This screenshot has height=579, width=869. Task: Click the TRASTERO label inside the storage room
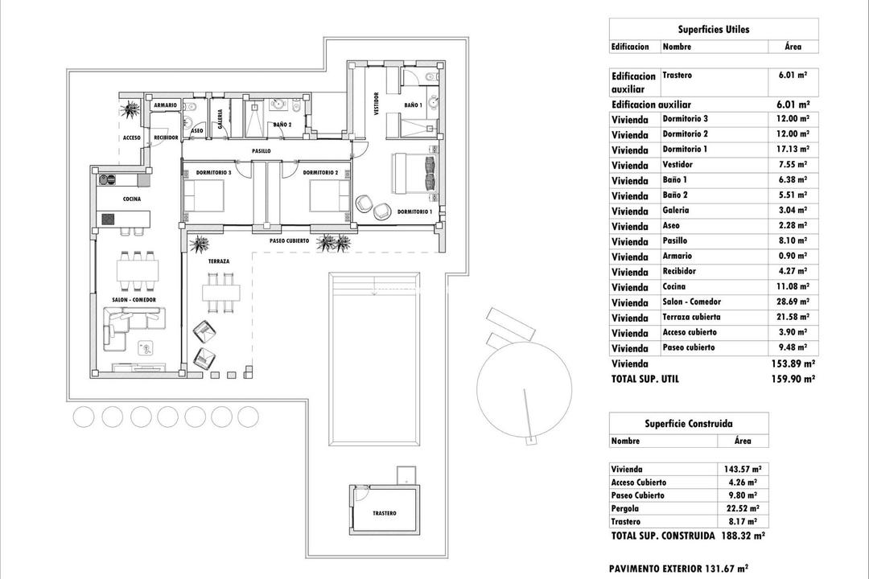385,514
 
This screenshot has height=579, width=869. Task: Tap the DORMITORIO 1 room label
414,212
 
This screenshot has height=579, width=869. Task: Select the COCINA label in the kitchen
133,199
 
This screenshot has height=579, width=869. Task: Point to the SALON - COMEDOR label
134,299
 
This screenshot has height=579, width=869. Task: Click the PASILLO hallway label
261,150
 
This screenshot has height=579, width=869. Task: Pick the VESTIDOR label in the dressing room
376,105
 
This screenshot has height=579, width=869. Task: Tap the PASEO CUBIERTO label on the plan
289,240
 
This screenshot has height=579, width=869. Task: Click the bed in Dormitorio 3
204,195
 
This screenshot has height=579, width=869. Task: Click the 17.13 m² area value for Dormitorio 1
793,149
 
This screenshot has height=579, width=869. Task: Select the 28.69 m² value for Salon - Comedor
793,302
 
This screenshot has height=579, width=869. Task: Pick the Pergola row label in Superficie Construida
625,508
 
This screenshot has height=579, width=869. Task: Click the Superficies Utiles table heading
714,30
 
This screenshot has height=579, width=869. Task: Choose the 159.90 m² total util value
792,379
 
